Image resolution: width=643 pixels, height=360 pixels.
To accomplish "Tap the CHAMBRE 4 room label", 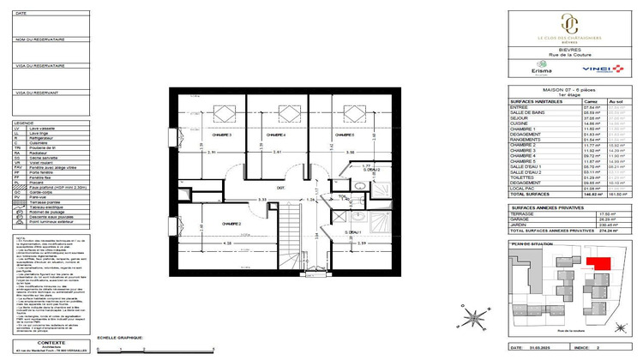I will [x=275, y=135].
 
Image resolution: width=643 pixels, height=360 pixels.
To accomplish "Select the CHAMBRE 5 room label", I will [x=346, y=135].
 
